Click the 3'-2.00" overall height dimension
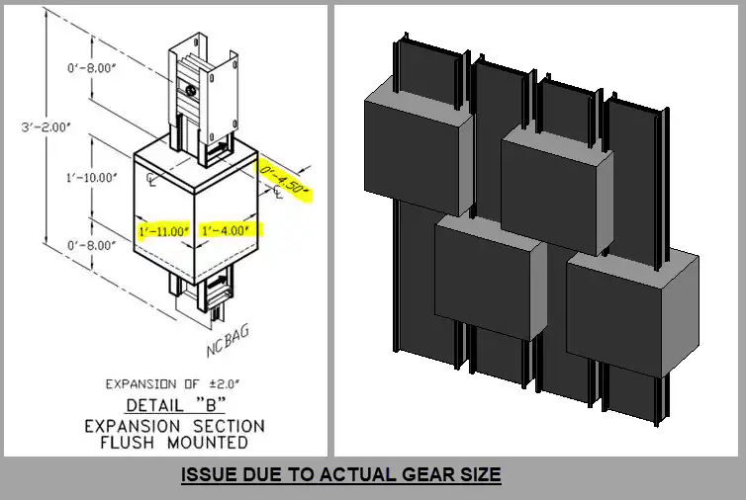pyautogui.click(x=47, y=127)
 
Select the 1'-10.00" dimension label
pyautogui.click(x=91, y=178)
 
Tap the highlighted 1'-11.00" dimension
pyautogui.click(x=164, y=231)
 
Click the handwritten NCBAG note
pyautogui.click(x=228, y=341)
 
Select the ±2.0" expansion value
pyautogui.click(x=225, y=383)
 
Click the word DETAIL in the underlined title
pyautogui.click(x=154, y=405)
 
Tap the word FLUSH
pyautogui.click(x=128, y=443)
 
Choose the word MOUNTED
pyautogui.click(x=208, y=443)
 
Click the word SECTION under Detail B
pyautogui.click(x=229, y=426)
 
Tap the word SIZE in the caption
pyautogui.click(x=484, y=474)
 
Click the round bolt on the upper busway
pyautogui.click(x=192, y=89)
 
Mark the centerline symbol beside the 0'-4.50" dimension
pyautogui.click(x=277, y=192)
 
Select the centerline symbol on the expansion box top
pyautogui.click(x=150, y=179)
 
